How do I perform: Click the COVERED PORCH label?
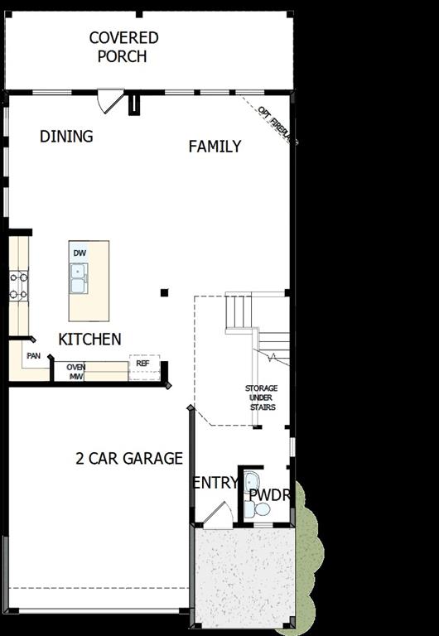pos(123,47)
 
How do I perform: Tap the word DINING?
pos(66,137)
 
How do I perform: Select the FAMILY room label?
pos(215,147)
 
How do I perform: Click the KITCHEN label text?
pos(89,339)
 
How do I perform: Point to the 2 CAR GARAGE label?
pos(129,458)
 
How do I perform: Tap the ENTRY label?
pos(215,483)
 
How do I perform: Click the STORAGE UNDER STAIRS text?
pos(261,397)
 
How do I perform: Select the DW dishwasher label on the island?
pos(80,253)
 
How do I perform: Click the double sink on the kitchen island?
pos(80,278)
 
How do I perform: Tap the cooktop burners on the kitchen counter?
pos(18,286)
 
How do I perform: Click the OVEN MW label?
pos(76,372)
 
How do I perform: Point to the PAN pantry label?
pos(33,356)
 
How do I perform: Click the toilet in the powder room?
pos(261,510)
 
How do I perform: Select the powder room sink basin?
pos(252,483)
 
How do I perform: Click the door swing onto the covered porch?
pos(108,101)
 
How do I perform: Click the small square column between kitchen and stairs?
pos(164,292)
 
